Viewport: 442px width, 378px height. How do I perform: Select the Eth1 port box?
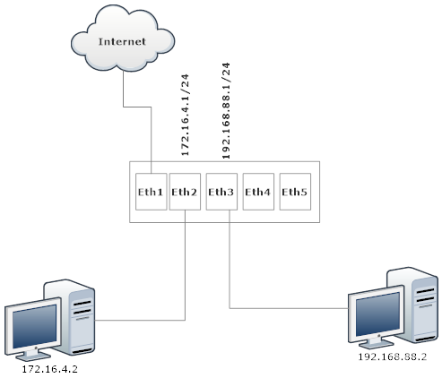[149, 192]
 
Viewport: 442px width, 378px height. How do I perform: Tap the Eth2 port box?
[185, 192]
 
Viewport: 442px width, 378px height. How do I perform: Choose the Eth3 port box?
[221, 192]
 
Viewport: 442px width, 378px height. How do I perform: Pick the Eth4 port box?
[258, 192]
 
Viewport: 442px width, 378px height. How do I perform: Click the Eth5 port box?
[295, 192]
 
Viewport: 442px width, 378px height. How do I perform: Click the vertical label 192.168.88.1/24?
[226, 109]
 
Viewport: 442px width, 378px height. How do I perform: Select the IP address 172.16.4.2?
[48, 367]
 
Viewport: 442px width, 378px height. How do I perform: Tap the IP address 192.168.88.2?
[392, 356]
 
